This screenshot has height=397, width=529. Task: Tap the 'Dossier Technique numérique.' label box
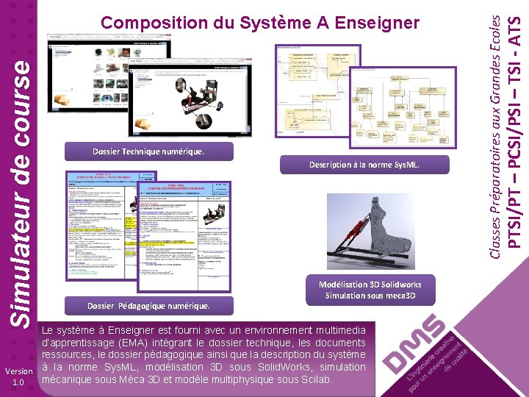pos(148,151)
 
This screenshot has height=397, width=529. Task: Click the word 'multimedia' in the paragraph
pos(337,331)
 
